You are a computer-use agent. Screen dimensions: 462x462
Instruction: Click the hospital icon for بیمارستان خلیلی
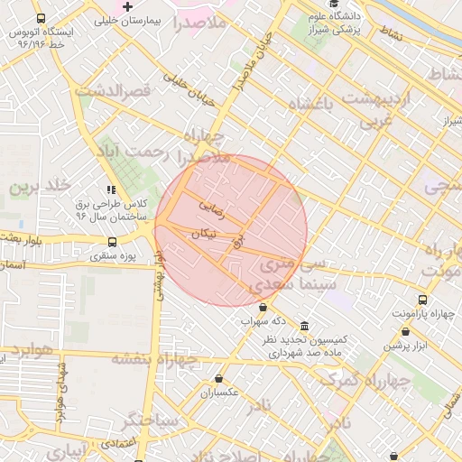tap(128, 7)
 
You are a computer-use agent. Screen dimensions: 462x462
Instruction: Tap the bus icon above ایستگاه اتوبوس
tap(41, 19)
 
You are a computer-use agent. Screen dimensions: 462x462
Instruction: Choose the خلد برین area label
tap(39, 186)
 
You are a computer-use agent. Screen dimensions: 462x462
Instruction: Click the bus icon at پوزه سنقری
tap(113, 242)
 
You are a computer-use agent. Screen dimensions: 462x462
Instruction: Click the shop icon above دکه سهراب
tap(263, 309)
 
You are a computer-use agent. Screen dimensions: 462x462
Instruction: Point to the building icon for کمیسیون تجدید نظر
tap(304, 326)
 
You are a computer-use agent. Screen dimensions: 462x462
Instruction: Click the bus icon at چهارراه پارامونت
tap(422, 300)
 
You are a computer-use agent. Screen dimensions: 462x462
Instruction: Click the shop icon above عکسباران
tap(218, 379)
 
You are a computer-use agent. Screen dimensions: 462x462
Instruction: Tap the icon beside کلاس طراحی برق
tap(111, 190)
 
